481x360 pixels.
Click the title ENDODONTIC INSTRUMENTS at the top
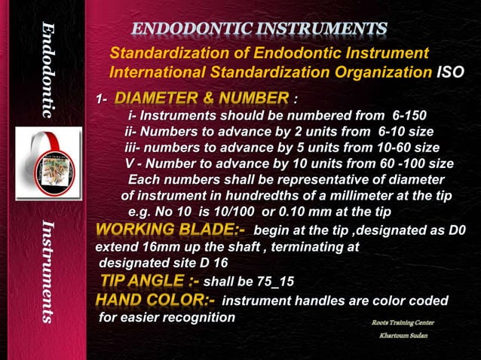point(260,29)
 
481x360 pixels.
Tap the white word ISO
point(450,72)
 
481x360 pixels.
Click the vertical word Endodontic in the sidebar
point(49,72)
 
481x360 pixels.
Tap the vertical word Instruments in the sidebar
point(49,272)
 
